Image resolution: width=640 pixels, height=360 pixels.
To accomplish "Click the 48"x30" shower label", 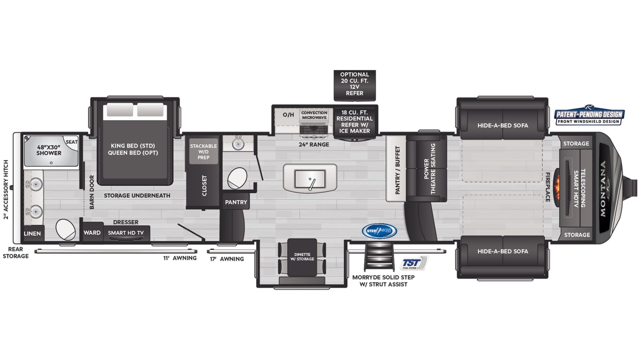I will click(49, 150).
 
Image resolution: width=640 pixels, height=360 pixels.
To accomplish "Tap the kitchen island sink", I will click(310, 179).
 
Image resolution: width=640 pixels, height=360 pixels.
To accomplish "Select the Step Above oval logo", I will click(379, 231).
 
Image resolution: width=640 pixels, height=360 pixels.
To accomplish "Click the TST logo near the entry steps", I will click(413, 263).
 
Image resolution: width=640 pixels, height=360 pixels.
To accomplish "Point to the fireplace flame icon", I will click(557, 186).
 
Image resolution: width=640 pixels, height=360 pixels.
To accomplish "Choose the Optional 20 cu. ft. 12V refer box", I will click(354, 84).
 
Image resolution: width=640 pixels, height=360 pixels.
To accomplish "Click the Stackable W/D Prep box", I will click(203, 152).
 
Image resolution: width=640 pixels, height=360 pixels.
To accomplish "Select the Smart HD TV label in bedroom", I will click(126, 233).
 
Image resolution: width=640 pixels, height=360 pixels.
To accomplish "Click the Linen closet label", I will click(32, 234).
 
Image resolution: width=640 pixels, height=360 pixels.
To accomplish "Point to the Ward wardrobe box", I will click(92, 233).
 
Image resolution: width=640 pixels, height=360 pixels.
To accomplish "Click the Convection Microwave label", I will click(314, 115).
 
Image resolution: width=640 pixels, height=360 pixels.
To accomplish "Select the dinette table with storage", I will click(302, 257).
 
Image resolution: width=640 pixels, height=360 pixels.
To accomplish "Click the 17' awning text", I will click(227, 259).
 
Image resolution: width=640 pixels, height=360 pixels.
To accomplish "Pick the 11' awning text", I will click(180, 258).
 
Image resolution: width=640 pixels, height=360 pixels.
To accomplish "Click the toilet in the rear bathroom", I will click(65, 229).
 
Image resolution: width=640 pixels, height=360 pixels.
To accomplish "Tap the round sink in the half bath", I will click(238, 144).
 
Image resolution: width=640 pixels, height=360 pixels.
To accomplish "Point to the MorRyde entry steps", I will click(379, 257).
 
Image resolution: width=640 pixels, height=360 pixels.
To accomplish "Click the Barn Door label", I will click(92, 192).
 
